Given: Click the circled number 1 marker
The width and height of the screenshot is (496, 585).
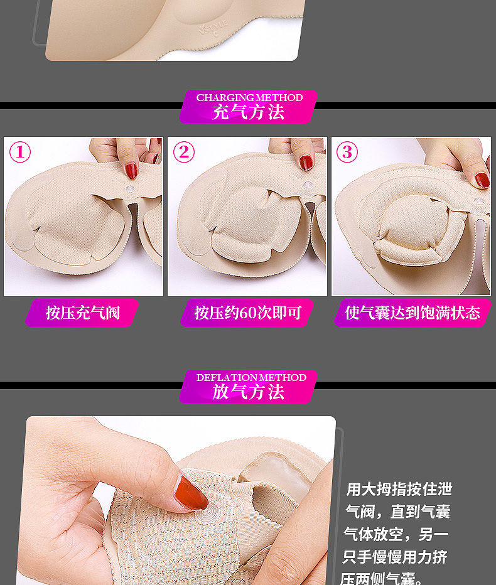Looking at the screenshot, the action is tap(20, 152).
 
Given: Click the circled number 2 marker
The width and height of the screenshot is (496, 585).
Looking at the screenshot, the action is tap(184, 152).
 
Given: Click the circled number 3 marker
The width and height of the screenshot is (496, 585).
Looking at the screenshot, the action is tap(347, 152).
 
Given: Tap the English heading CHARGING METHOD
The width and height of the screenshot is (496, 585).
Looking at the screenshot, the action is tap(249, 98).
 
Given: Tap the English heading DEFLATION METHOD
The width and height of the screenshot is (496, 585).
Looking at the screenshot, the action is tap(251, 378).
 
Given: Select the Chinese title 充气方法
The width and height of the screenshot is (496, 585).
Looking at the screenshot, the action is tap(248, 112).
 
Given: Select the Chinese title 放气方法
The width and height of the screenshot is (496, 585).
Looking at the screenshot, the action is tap(248, 392).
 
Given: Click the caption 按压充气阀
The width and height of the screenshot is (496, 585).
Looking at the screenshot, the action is tap(83, 313).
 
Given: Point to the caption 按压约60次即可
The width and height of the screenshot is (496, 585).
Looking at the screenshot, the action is tap(248, 313).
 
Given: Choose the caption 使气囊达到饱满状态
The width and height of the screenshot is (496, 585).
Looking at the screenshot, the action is tap(412, 313).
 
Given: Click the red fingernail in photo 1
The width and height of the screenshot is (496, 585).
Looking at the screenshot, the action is tap(131, 171).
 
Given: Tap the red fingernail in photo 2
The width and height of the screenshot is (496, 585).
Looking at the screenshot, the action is tap(306, 163).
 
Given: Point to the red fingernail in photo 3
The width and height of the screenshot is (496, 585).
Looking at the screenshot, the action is tap(482, 180).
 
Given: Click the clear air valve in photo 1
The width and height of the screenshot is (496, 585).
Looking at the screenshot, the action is tap(130, 189).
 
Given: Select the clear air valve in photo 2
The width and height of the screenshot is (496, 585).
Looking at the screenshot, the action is tap(308, 185).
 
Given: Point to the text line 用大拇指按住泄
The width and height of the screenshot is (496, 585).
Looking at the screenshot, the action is tap(399, 489).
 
